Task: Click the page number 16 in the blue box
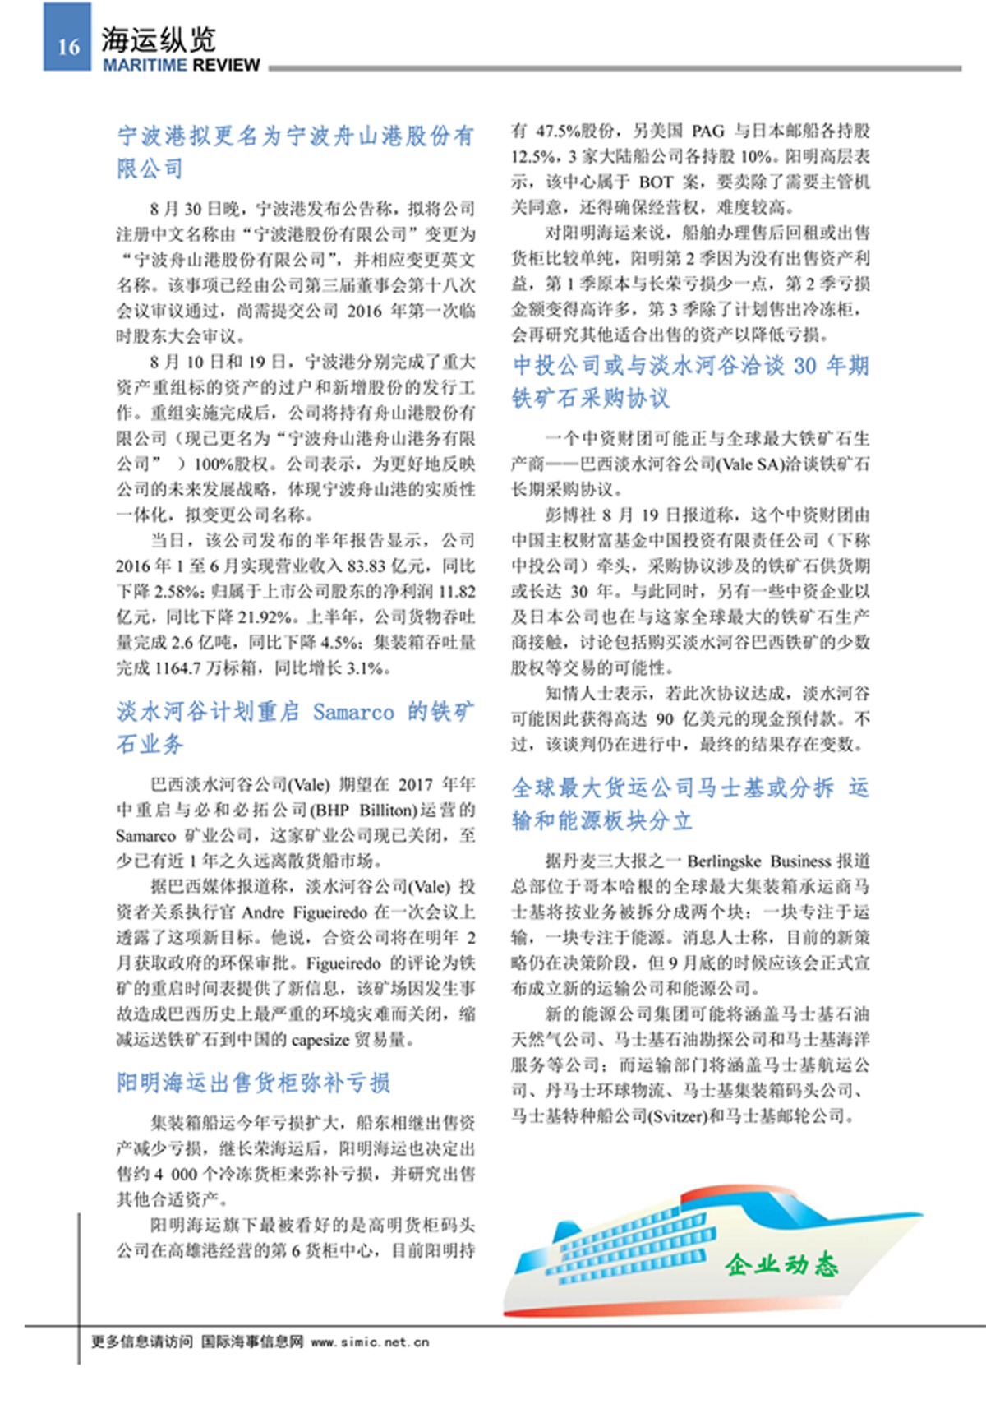point(68,47)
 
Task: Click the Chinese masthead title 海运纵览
point(158,39)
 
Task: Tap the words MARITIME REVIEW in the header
point(181,65)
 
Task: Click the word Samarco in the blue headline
point(353,712)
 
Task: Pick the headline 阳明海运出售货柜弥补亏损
point(253,1083)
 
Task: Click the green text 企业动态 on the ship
point(781,1263)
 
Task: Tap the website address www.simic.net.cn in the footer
point(370,1342)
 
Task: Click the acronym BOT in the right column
point(656,182)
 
